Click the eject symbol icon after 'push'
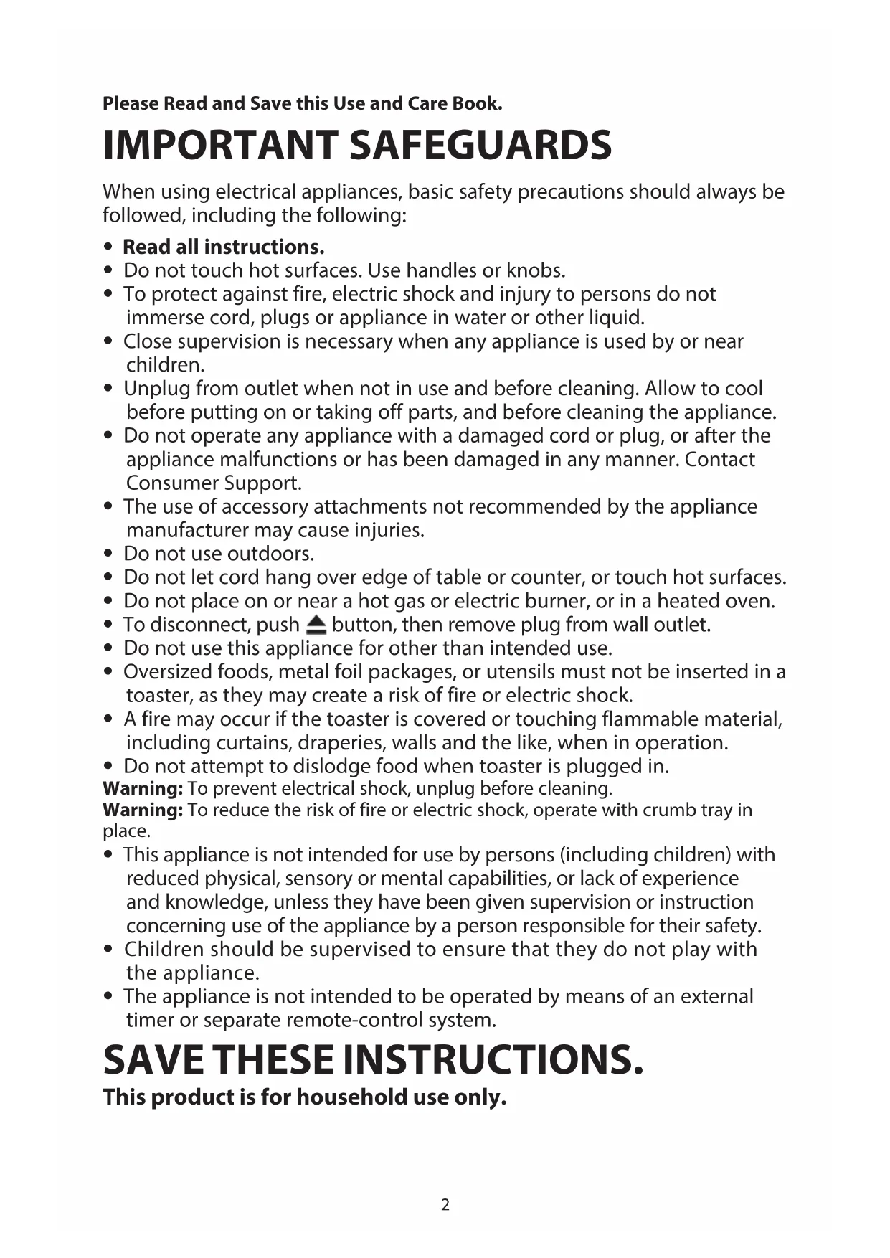[x=316, y=625]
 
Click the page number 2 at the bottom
[x=445, y=1204]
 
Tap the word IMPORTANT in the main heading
[x=219, y=146]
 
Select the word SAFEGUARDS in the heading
[x=480, y=146]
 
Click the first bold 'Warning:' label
[x=143, y=788]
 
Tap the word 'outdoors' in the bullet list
[x=270, y=554]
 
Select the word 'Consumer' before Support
[x=172, y=483]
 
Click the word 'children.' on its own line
[x=166, y=364]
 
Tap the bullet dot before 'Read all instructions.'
[x=108, y=247]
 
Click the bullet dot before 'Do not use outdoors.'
[x=108, y=554]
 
